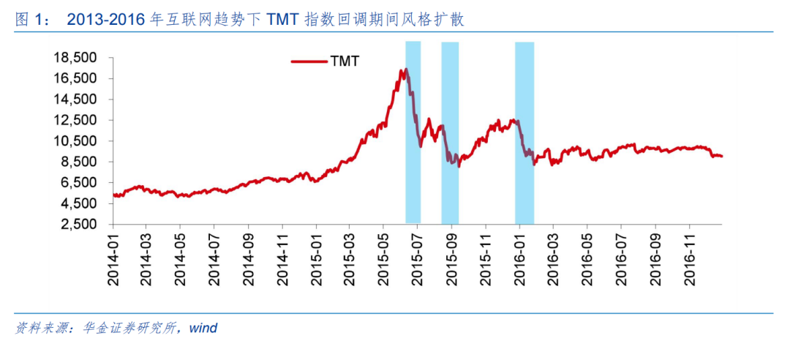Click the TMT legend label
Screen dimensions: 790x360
(345, 61)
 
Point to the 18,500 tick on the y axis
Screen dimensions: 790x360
(75, 58)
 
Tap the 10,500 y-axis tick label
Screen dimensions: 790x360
(75, 141)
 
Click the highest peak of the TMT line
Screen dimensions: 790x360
(406, 69)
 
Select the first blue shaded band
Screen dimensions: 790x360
(413, 132)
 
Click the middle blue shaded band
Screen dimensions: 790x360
(450, 132)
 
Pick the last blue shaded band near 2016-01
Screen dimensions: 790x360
(524, 132)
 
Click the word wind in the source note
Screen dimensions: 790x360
(203, 329)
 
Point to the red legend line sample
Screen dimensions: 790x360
(309, 61)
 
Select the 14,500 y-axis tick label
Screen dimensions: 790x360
(75, 100)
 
